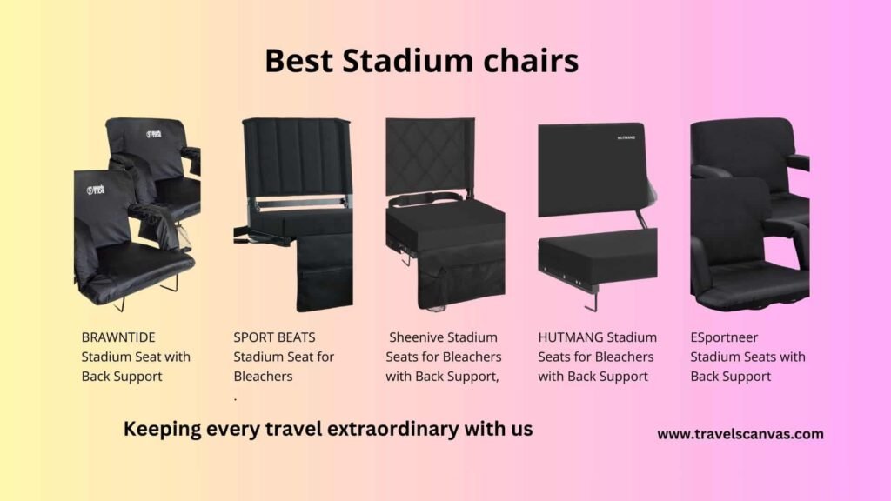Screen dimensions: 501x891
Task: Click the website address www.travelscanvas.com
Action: (740, 434)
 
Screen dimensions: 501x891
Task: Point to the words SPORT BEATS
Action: (274, 337)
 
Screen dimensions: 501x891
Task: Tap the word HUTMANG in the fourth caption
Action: (570, 337)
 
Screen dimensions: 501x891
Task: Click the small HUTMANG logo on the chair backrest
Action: (626, 137)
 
